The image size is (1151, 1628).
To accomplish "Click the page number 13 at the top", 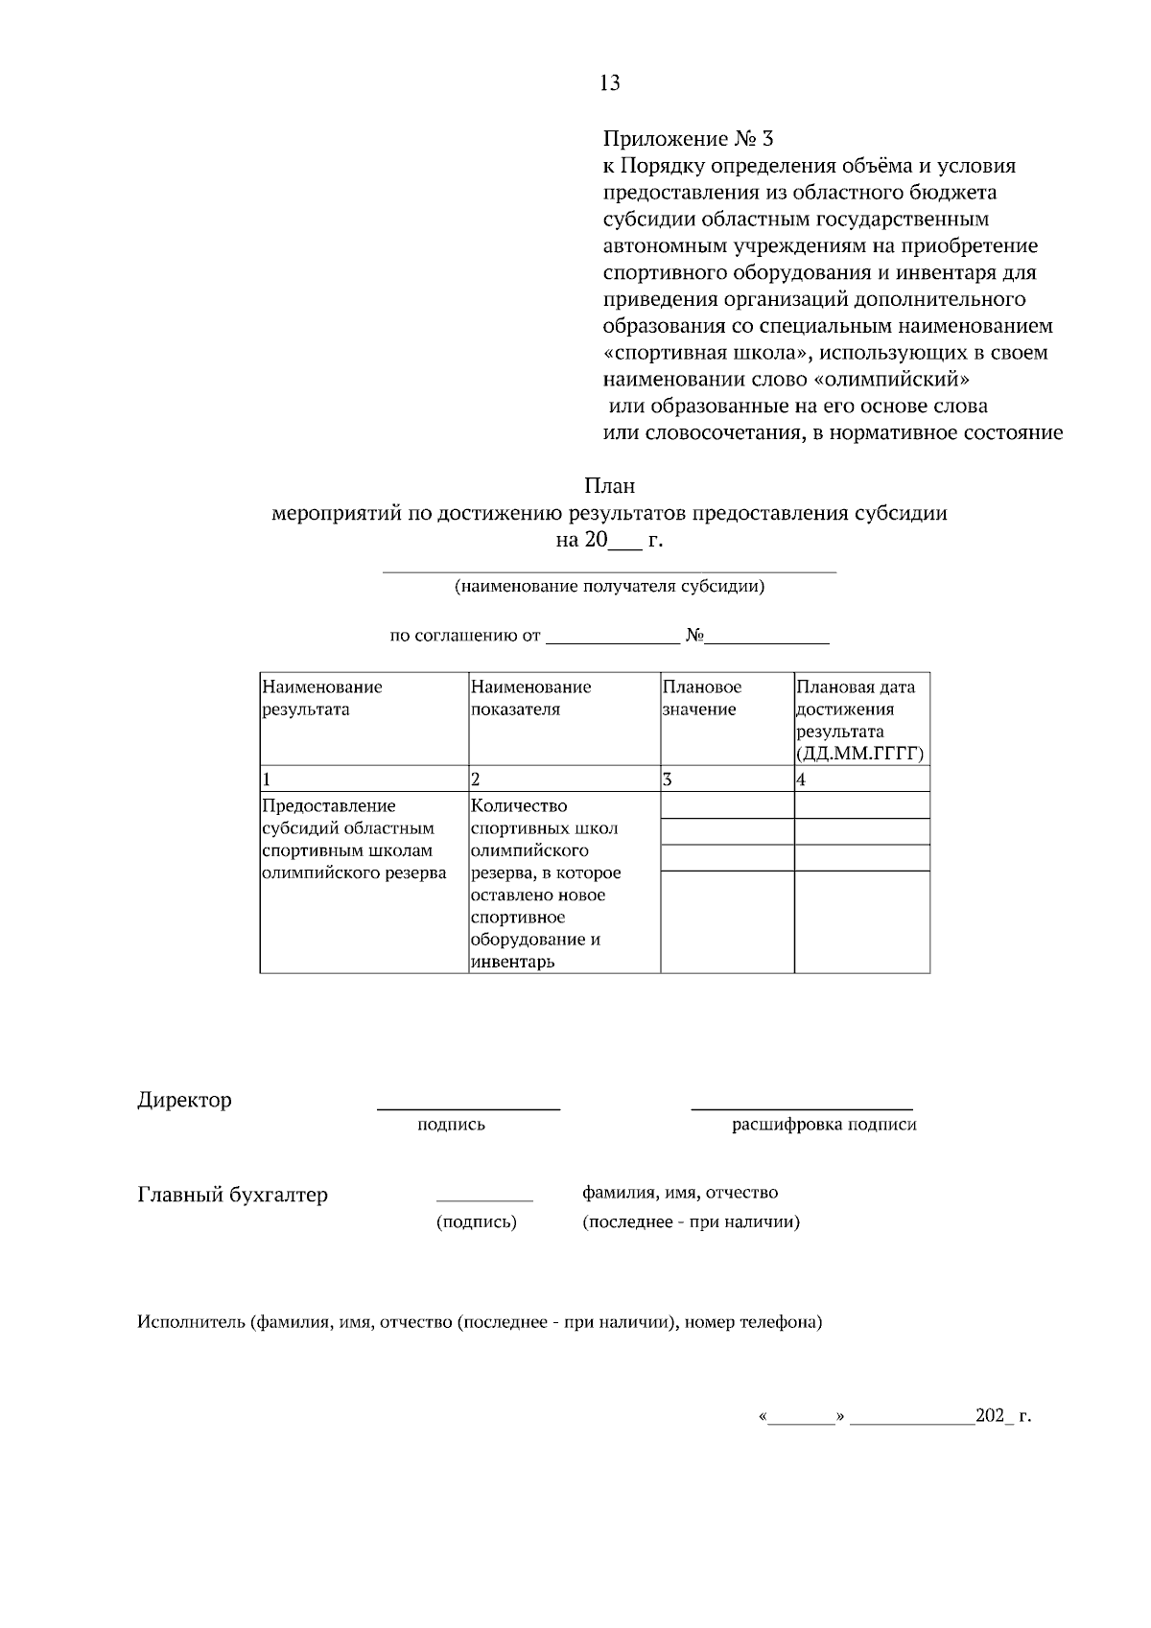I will click(609, 83).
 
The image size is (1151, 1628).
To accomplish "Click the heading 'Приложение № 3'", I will click(687, 139).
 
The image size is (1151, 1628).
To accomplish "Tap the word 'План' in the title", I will click(609, 486).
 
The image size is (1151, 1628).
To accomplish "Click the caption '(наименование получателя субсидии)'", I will click(609, 587).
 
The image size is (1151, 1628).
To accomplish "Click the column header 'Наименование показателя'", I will click(530, 698).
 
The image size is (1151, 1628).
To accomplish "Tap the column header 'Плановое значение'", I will click(701, 698).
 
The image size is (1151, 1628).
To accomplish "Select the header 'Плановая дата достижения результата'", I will click(856, 719).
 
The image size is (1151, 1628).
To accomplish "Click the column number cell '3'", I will click(668, 779).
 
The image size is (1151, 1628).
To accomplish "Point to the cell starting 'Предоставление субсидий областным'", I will click(353, 839).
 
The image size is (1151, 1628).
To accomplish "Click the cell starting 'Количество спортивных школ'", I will click(546, 883).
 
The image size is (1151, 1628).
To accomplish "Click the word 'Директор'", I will click(184, 1100).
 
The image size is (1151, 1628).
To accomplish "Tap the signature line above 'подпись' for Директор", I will click(468, 1108).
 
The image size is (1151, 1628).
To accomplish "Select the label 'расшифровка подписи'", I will click(824, 1125).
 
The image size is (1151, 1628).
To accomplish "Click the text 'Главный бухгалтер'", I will click(233, 1195).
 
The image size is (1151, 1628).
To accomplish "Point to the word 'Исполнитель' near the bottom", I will click(191, 1323).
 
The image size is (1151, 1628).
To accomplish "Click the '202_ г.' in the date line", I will click(1002, 1416).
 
